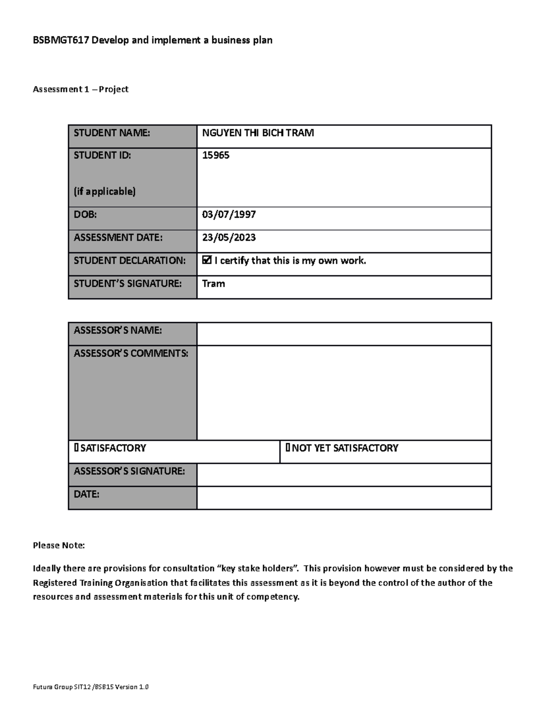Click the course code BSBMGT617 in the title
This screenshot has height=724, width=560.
(61, 40)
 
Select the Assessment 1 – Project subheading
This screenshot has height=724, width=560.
(80, 89)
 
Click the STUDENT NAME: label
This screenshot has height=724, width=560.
(112, 133)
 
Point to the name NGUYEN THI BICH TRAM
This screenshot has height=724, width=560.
(258, 133)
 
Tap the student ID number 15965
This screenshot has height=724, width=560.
(216, 155)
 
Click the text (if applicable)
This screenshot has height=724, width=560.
(105, 191)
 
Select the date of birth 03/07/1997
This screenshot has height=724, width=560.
(229, 214)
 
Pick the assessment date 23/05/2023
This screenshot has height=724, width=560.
(229, 237)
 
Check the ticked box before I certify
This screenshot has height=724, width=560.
(207, 260)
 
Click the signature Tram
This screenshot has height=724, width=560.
(213, 283)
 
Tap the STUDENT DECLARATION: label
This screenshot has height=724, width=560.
(129, 260)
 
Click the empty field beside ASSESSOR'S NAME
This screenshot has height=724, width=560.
(344, 334)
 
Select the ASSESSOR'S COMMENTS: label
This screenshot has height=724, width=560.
(131, 353)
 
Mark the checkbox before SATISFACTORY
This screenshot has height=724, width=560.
(76, 448)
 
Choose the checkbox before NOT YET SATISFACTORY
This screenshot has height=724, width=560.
(288, 448)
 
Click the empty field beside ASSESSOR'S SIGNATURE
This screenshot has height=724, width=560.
(344, 475)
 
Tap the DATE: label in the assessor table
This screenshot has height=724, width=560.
(86, 494)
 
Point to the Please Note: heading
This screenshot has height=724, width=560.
(59, 545)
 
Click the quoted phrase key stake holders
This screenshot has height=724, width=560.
(258, 568)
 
